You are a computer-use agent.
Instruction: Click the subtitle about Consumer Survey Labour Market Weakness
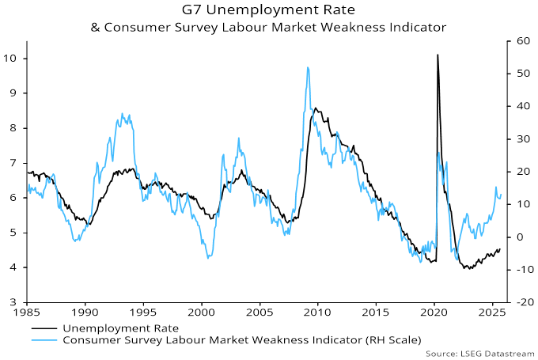[268, 27]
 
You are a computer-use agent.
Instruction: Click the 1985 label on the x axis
[27, 313]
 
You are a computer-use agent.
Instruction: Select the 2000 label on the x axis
[202, 313]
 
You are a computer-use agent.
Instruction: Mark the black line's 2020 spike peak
[437, 55]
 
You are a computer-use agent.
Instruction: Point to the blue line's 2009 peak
[307, 68]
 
